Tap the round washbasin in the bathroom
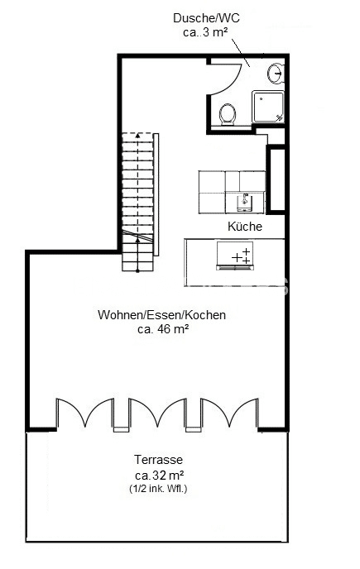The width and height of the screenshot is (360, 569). pyautogui.click(x=276, y=73)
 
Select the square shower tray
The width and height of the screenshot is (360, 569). pyautogui.click(x=268, y=107)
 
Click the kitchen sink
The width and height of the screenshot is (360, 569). pyautogui.click(x=245, y=202)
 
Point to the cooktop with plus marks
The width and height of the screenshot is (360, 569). pyautogui.click(x=235, y=255)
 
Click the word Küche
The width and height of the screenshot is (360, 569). pyautogui.click(x=245, y=227)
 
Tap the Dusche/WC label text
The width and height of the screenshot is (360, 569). pyautogui.click(x=206, y=18)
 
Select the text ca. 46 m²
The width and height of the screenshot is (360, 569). pyautogui.click(x=163, y=329)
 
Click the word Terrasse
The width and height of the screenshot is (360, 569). pyautogui.click(x=158, y=459)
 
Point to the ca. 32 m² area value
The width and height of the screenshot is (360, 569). pyautogui.click(x=159, y=475)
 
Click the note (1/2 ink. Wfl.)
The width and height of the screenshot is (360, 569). pyautogui.click(x=158, y=489)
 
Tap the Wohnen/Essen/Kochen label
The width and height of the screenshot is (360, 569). pyautogui.click(x=161, y=314)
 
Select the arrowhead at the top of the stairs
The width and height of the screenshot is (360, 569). pyautogui.click(x=137, y=136)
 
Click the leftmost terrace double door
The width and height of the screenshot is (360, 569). pyautogui.click(x=85, y=414)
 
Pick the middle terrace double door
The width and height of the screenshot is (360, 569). pyautogui.click(x=157, y=414)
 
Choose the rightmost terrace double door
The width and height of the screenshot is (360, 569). pyautogui.click(x=229, y=414)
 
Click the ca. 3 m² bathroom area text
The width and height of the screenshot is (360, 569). pyautogui.click(x=205, y=32)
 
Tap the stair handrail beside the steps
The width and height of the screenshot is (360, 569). pyautogui.click(x=156, y=194)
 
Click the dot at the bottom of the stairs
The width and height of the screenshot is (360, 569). pyautogui.click(x=137, y=270)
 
